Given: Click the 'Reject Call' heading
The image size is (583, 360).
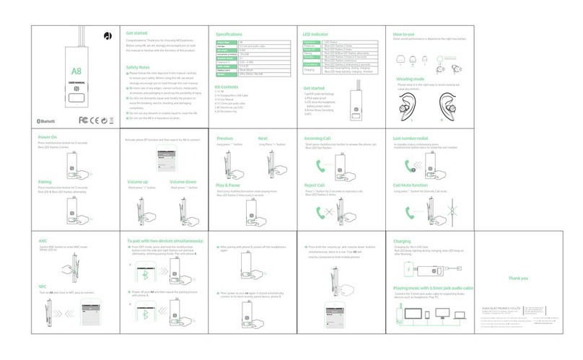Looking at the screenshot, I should [315, 185].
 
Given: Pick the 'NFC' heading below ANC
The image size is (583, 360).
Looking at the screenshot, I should [43, 286].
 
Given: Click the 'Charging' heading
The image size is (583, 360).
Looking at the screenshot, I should [402, 241].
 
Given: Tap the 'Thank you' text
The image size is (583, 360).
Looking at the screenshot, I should [519, 278].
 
